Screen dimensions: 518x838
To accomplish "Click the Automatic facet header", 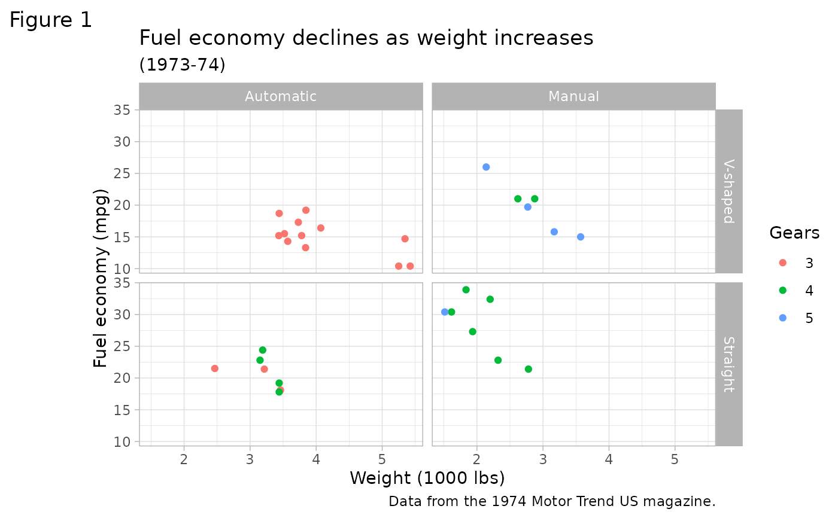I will coord(281,96).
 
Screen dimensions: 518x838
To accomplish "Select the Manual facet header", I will coord(573,96).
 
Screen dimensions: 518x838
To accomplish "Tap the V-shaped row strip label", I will coord(728,191).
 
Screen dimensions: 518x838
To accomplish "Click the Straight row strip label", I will coord(728,364).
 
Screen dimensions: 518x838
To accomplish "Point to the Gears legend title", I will coord(794,233).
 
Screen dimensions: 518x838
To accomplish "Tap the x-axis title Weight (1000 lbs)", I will coord(427,478).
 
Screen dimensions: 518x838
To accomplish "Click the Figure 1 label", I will coord(51,20).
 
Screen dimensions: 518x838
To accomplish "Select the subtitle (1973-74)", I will coord(182,65).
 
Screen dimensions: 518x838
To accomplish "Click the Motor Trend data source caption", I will coord(552,501).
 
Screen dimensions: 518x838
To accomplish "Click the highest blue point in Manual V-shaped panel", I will coord(486,167).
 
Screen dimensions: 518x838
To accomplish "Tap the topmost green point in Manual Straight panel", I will coord(466,290).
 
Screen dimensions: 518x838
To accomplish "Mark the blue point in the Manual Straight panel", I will coord(445,312).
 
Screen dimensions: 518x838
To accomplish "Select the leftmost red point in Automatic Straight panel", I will coord(214,368).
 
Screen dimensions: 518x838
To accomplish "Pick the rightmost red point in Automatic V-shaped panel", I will coord(410,266).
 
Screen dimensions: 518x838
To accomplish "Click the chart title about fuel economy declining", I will coord(366,38).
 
